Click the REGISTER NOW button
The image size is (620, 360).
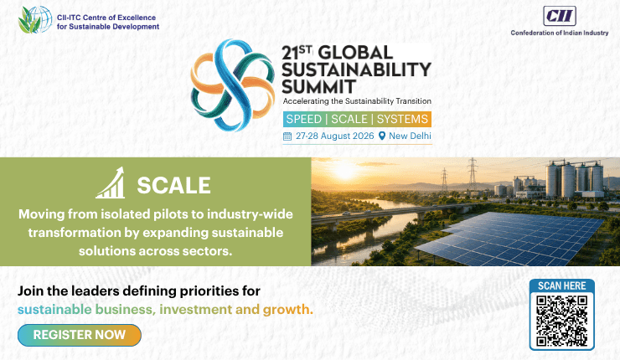80,335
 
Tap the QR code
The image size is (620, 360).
562,321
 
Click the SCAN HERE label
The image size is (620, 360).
562,285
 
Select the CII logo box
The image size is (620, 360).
560,16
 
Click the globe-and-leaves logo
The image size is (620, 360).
35,20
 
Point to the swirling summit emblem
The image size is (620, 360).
233,85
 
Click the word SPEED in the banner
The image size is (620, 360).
303,119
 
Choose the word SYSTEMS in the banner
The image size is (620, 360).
402,119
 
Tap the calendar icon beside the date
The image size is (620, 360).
287,136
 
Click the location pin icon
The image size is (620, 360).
382,136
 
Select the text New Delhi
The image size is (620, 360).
410,136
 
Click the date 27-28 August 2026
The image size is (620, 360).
335,136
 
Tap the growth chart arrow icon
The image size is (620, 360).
111,183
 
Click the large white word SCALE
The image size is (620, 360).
173,185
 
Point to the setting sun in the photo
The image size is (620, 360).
345,171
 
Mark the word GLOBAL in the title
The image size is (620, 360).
355,53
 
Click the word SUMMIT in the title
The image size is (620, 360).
318,86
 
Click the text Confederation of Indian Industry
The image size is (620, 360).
560,33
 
